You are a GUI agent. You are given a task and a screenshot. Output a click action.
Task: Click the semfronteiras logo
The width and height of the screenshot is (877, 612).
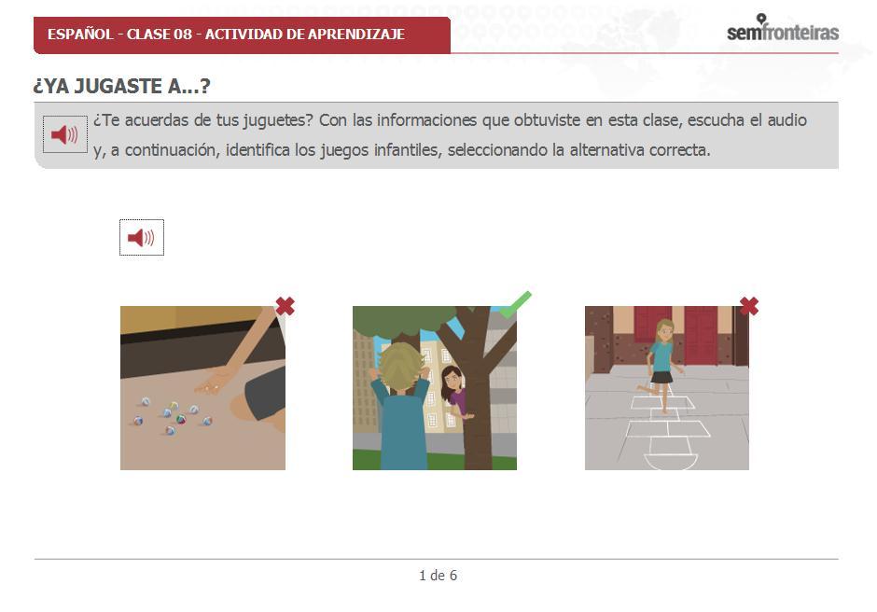tap(783, 28)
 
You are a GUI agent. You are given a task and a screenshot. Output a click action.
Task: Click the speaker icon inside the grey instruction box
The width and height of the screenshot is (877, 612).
tap(65, 134)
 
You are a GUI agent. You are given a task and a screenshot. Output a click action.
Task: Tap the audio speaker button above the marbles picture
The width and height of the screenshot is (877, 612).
tap(142, 238)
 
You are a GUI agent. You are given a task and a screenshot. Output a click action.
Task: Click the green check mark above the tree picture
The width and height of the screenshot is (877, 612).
tap(515, 304)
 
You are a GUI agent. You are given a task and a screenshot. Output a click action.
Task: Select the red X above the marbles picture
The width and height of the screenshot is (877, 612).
tap(285, 307)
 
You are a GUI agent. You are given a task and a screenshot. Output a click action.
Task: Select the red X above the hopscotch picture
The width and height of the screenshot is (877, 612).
tap(749, 307)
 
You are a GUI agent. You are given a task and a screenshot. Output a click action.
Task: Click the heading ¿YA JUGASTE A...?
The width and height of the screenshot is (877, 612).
tap(121, 86)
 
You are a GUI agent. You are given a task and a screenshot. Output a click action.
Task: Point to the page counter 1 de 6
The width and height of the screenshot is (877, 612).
tap(438, 575)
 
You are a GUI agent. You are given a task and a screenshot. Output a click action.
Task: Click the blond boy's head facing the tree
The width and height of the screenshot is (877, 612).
tap(400, 369)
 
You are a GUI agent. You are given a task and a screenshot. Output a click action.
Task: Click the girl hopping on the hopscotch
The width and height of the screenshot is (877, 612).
tap(662, 365)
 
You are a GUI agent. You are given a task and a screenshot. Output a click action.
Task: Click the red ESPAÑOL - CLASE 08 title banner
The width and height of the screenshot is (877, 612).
tap(242, 35)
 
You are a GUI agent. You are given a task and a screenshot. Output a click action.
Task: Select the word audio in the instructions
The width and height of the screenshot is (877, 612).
tap(787, 120)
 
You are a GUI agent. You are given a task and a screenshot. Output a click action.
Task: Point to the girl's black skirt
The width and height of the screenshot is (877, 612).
tap(662, 377)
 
